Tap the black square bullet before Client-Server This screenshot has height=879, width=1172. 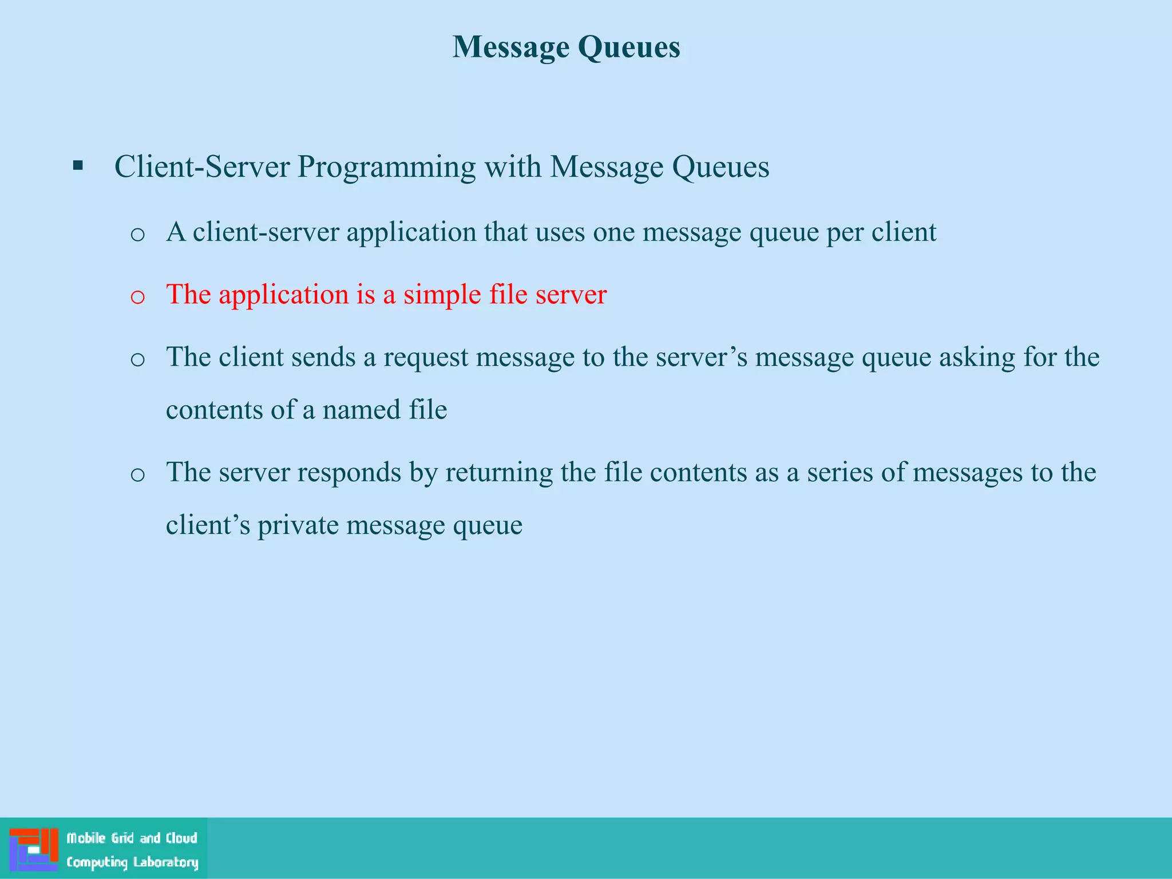pyautogui.click(x=78, y=167)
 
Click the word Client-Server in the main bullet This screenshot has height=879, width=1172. pyautogui.click(x=202, y=167)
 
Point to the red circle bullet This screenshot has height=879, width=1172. pyautogui.click(x=137, y=296)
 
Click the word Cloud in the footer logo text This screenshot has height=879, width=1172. pyautogui.click(x=181, y=838)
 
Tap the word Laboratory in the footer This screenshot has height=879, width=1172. pyautogui.click(x=165, y=862)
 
